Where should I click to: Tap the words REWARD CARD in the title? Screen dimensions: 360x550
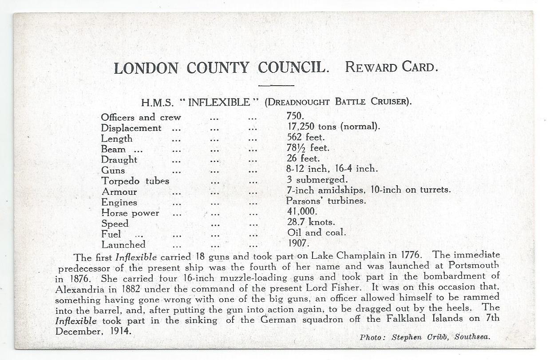point(392,68)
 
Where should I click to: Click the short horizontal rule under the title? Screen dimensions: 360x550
point(276,85)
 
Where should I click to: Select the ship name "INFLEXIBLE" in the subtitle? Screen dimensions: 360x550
point(219,102)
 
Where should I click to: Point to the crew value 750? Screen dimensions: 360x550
point(295,116)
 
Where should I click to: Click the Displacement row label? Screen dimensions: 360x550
point(131,128)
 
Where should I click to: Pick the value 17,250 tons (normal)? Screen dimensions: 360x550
point(333,127)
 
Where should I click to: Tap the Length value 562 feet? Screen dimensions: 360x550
point(306,137)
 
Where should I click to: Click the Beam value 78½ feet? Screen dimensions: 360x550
point(308,148)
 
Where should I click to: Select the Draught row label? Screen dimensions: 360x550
point(119,160)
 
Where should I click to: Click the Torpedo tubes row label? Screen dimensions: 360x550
point(135,181)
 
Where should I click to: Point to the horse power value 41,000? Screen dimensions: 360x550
point(302,212)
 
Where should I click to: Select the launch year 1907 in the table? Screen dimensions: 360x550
point(298,243)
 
